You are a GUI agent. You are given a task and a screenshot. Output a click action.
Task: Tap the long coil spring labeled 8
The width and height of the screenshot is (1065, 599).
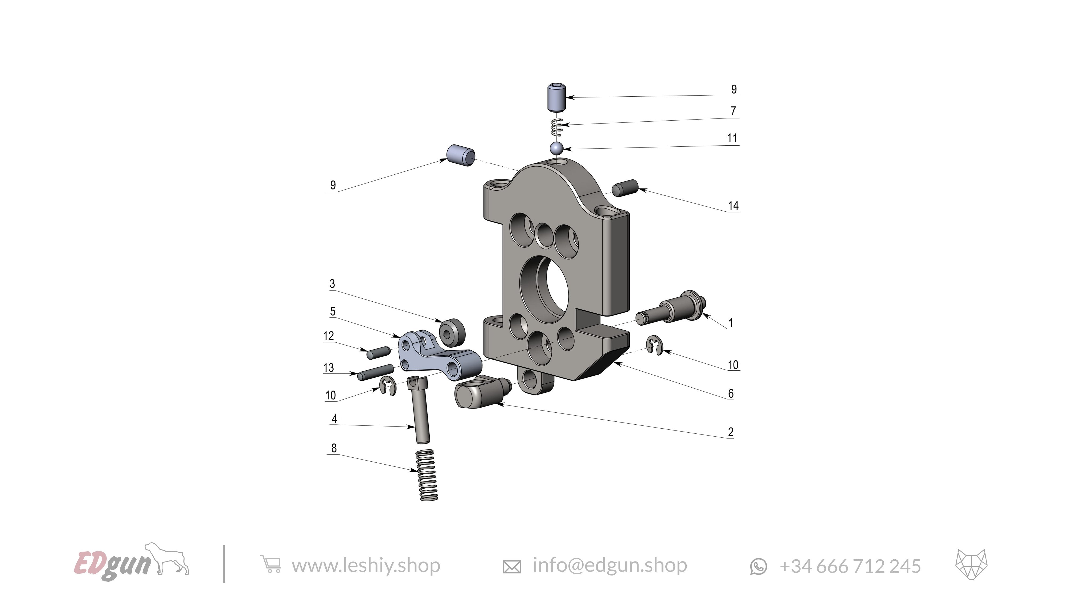tap(427, 475)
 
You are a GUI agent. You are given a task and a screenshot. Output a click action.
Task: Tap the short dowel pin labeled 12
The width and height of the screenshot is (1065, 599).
tap(379, 353)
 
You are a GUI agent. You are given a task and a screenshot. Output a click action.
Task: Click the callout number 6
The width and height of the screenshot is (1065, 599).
tap(731, 393)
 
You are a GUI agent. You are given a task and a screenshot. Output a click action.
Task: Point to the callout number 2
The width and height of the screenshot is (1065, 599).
tap(731, 432)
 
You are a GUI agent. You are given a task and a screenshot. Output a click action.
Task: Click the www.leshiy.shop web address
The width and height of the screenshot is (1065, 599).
tap(366, 565)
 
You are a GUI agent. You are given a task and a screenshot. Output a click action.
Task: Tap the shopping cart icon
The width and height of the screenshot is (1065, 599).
tap(271, 564)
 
